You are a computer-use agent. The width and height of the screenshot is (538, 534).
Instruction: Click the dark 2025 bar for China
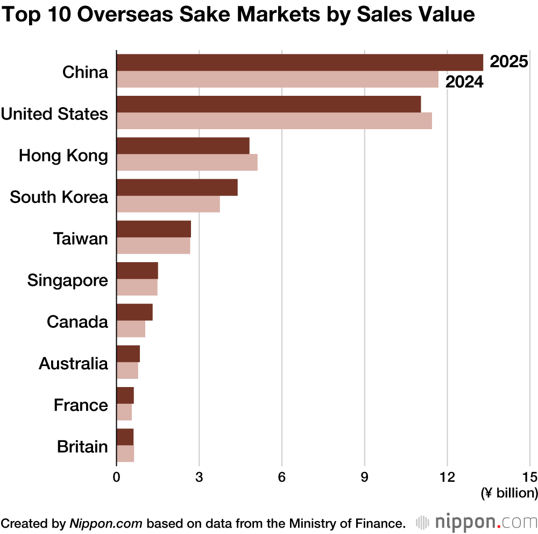[x=300, y=63]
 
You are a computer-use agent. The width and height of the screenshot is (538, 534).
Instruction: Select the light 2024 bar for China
[x=277, y=80]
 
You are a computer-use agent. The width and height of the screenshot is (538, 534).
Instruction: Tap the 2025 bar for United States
[x=268, y=104]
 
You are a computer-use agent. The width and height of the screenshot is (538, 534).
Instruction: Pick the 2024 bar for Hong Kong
[x=187, y=163]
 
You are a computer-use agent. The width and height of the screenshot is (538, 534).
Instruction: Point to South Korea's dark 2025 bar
[x=177, y=187]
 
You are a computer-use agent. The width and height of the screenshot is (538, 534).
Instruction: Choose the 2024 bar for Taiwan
[x=153, y=245]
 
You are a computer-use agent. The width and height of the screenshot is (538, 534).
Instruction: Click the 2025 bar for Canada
[x=134, y=312]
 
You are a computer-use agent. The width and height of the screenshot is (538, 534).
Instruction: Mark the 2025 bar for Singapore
[x=137, y=271]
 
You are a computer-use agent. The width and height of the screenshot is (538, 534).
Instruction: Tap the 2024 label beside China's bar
[x=463, y=82]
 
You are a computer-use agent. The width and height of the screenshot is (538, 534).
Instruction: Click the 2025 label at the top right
[x=509, y=62]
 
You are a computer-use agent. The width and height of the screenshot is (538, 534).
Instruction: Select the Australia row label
[x=73, y=364]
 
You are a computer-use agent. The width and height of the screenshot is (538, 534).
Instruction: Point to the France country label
[x=81, y=405]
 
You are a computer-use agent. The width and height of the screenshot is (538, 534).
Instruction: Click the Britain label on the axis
[x=82, y=447]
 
